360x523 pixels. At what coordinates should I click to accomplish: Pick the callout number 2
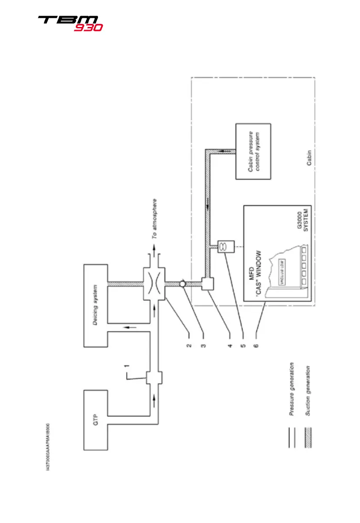188,336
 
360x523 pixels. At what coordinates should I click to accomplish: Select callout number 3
204,336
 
